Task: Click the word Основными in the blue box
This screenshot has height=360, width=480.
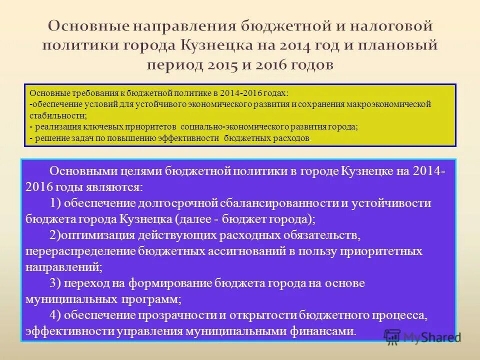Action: pos(83,171)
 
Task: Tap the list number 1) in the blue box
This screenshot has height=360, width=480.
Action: pos(55,203)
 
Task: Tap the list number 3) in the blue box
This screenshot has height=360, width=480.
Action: pos(55,283)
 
